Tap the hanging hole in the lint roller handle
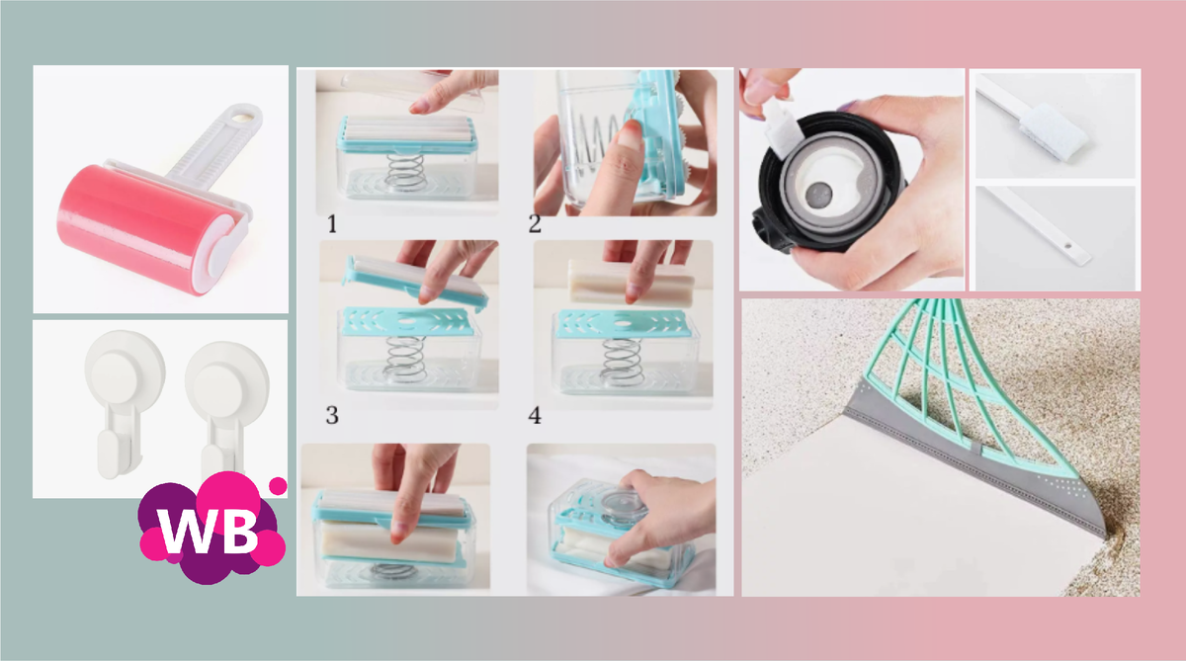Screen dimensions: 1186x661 point(246,114)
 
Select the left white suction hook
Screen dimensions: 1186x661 point(124,401)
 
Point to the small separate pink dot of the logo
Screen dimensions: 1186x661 point(278,486)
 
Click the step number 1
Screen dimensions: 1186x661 point(332,224)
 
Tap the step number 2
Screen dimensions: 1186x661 point(535,224)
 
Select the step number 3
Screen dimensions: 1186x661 point(332,415)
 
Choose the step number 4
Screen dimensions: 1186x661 point(535,415)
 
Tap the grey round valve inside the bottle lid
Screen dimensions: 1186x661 point(819,195)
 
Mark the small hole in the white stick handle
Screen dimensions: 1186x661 point(1068,247)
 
